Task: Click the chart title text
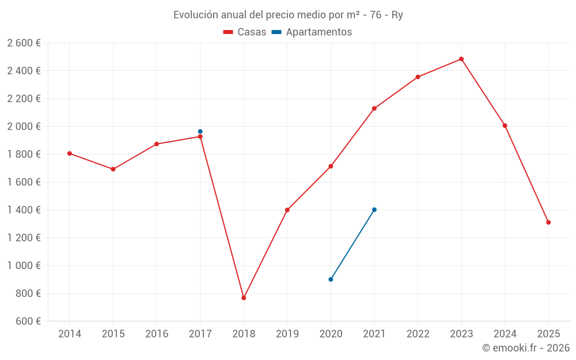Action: (288, 15)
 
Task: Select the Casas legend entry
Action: (245, 32)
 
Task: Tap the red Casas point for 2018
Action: (244, 298)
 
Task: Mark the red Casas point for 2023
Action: (461, 59)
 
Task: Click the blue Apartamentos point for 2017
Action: (200, 131)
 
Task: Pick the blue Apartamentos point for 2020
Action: (331, 279)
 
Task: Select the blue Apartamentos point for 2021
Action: (374, 210)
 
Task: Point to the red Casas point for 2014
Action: (70, 153)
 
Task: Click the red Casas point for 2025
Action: (548, 222)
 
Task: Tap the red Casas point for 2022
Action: (418, 77)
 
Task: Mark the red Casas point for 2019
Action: (287, 210)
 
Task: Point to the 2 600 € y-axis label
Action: (24, 43)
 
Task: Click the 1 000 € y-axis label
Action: (24, 266)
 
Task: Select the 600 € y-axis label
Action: (28, 321)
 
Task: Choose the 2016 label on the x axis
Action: (157, 334)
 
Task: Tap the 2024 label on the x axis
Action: (505, 334)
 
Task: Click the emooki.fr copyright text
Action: (525, 348)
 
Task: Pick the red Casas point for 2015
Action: (113, 169)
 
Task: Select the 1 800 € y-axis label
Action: (24, 154)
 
